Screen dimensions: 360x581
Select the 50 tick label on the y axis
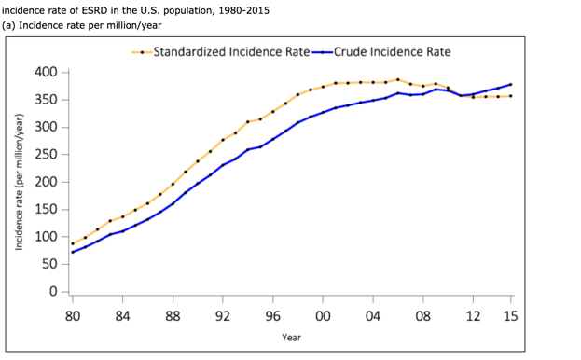click(x=48, y=264)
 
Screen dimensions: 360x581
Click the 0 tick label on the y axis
click(x=52, y=291)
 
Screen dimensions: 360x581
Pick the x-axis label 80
click(x=73, y=315)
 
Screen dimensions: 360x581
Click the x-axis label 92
click(x=223, y=315)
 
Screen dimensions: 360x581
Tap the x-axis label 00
click(x=323, y=315)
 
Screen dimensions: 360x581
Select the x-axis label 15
click(x=510, y=315)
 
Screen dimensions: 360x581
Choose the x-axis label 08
click(x=423, y=315)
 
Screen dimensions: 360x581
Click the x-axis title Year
click(x=291, y=337)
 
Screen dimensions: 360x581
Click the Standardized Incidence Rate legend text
click(x=230, y=51)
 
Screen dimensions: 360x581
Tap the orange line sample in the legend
click(x=141, y=52)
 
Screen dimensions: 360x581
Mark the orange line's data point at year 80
click(x=73, y=243)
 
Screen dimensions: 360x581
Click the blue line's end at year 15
click(x=510, y=85)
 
